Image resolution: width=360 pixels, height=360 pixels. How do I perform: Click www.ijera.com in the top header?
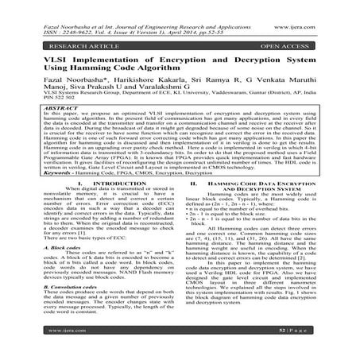[x=331, y=7]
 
